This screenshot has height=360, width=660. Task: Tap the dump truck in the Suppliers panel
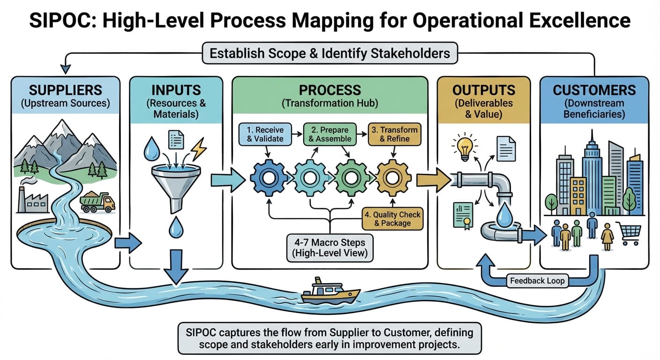tap(97, 202)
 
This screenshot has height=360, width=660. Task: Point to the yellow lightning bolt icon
tap(199, 149)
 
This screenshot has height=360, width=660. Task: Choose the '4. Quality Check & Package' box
tap(393, 218)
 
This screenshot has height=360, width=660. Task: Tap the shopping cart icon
tap(630, 233)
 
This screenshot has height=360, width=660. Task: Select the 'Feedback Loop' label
tap(537, 281)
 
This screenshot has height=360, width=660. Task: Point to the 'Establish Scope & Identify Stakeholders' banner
tap(330, 53)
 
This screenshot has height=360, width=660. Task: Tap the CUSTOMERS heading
tap(594, 90)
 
